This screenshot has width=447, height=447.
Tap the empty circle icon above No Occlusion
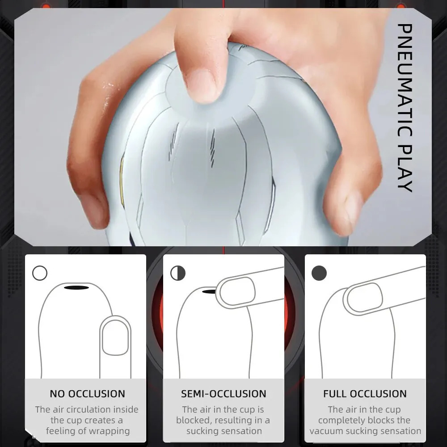(x=40, y=273)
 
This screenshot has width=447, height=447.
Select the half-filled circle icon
(x=178, y=273)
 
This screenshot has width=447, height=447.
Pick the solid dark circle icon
(x=319, y=273)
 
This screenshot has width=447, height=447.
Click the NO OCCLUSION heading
(x=87, y=394)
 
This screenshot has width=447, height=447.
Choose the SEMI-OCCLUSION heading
(x=223, y=394)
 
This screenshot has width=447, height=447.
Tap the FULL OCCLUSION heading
(x=365, y=394)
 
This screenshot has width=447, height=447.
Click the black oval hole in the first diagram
(x=76, y=287)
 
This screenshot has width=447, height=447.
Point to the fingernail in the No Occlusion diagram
(x=116, y=337)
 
